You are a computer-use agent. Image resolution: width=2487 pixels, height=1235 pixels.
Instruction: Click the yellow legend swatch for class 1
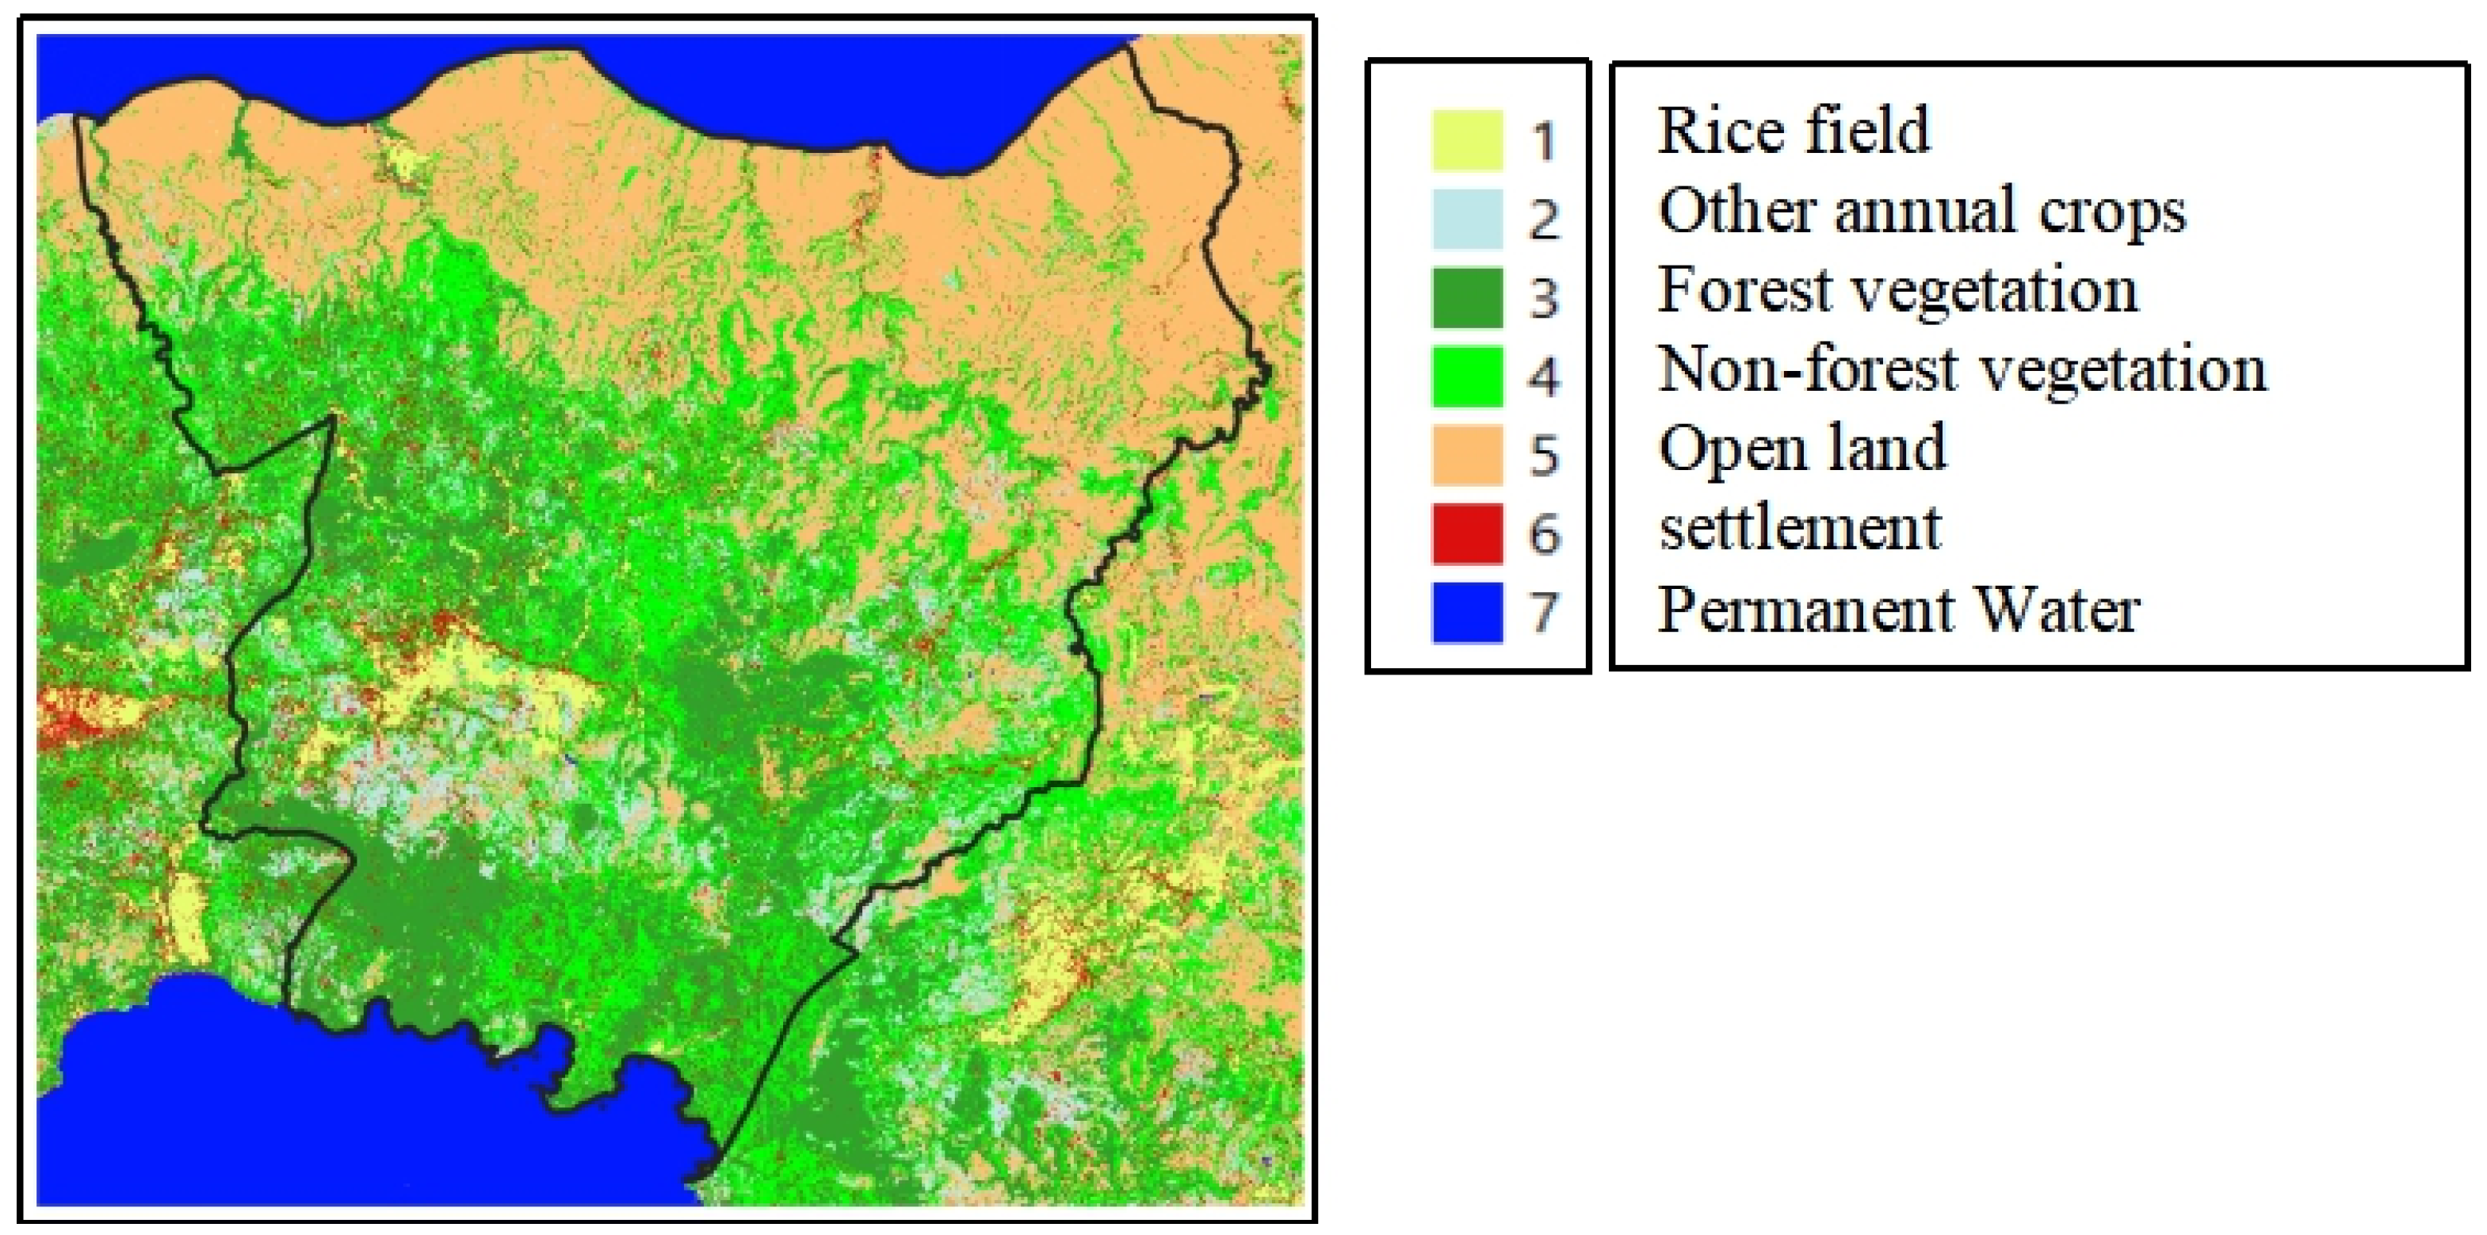[x=1466, y=140]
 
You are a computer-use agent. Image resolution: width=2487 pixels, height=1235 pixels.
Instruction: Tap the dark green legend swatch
[x=1466, y=297]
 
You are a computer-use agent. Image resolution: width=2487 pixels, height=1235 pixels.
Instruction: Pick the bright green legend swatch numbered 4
[x=1466, y=376]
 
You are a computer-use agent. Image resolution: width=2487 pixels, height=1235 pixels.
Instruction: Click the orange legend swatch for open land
[x=1466, y=455]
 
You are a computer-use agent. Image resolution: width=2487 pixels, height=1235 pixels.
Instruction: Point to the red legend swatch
[x=1466, y=533]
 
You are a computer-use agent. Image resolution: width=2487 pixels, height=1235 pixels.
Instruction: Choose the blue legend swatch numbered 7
[x=1466, y=612]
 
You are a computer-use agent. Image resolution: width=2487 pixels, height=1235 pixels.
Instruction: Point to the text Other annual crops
[x=1921, y=211]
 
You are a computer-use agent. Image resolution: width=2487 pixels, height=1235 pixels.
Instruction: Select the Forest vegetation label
[x=1897, y=289]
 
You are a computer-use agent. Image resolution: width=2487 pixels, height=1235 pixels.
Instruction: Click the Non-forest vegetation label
[x=1962, y=369]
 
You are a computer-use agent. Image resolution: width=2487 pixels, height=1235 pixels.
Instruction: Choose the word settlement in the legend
[x=1800, y=528]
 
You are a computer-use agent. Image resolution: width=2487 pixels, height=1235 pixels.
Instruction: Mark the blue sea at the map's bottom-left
[x=289, y=1111]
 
